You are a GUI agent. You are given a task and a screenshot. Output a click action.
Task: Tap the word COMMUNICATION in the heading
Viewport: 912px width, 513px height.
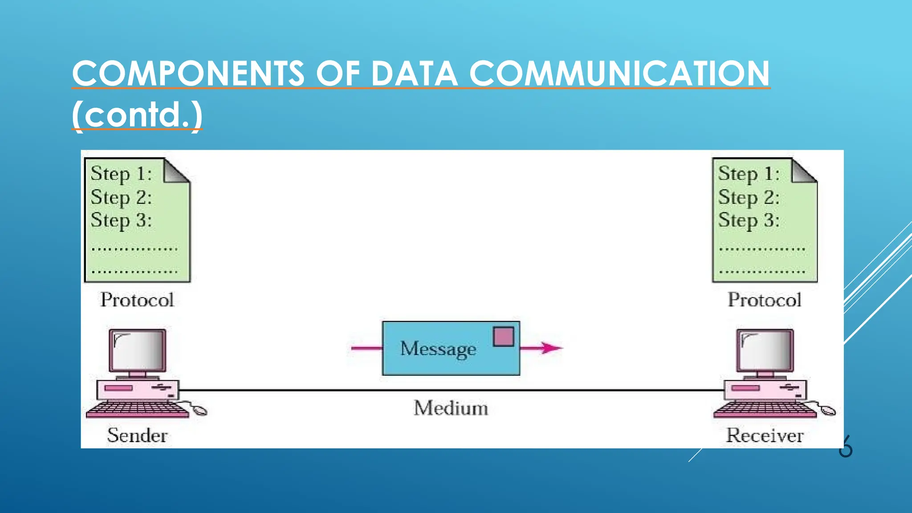(x=619, y=73)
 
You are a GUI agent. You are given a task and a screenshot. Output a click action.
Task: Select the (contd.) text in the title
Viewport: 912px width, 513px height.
(x=137, y=115)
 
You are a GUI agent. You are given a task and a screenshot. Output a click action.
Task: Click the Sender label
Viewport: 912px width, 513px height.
(x=137, y=435)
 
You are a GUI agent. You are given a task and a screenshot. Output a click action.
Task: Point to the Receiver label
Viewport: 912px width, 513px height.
(x=765, y=435)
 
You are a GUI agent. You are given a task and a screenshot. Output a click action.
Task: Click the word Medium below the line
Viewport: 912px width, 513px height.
(x=451, y=408)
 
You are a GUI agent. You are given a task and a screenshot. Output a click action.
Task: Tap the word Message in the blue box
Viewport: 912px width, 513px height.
(x=438, y=349)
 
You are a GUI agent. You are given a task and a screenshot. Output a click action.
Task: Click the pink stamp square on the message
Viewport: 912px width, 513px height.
(x=503, y=337)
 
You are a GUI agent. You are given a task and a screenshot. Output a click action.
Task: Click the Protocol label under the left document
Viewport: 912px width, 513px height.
(x=137, y=300)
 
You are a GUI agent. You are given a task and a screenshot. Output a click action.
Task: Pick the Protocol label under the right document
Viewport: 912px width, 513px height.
(x=764, y=300)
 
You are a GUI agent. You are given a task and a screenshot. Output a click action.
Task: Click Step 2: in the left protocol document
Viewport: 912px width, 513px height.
(x=121, y=197)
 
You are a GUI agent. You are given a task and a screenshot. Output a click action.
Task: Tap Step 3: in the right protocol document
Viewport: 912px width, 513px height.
(x=749, y=220)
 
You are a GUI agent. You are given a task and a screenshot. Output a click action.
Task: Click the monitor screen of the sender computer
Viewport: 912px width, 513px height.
(x=138, y=350)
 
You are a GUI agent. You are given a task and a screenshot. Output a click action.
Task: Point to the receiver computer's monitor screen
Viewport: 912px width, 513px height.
(x=765, y=350)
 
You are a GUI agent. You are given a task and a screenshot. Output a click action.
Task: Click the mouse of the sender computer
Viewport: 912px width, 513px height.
(x=199, y=410)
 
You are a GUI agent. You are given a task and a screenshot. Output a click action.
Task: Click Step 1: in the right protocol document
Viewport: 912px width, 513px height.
(x=749, y=174)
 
